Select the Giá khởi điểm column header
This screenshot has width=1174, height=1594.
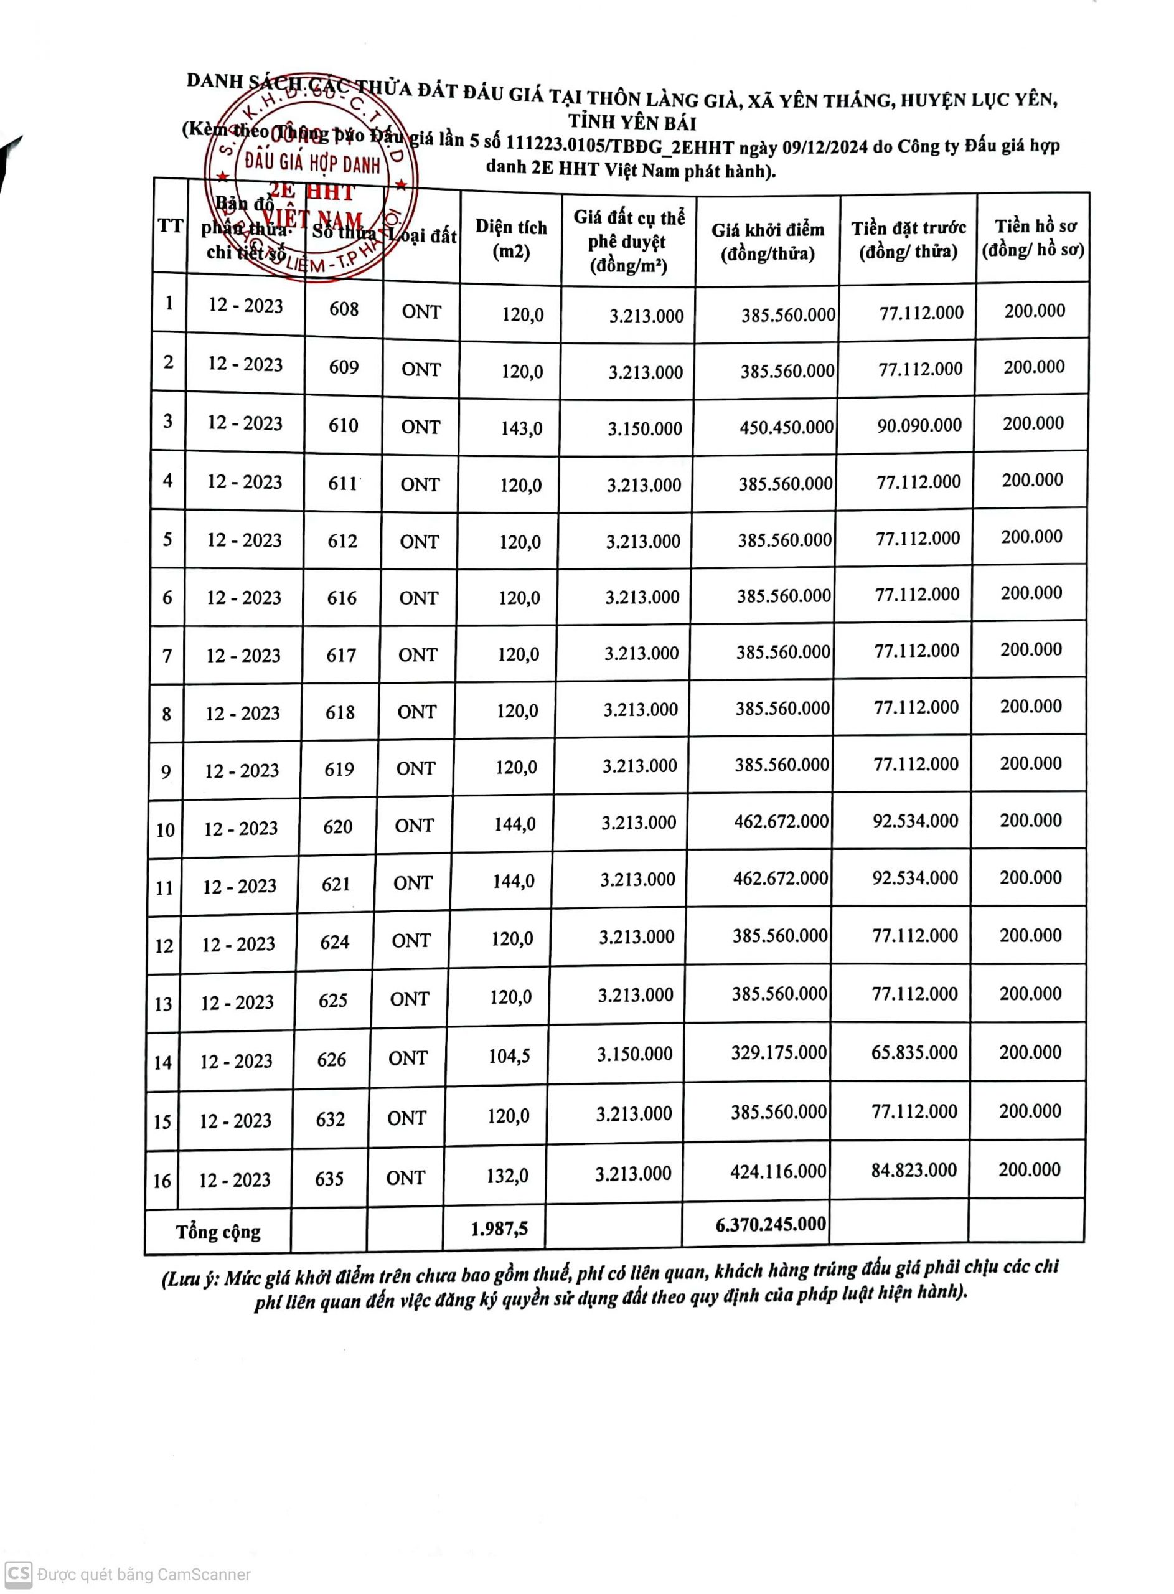(768, 242)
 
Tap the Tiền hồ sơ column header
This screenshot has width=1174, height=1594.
(1034, 238)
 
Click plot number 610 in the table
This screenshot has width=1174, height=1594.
(343, 425)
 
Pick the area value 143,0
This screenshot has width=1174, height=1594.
(522, 428)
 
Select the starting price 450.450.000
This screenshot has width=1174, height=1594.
(786, 427)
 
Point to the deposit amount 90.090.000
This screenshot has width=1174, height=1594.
(919, 425)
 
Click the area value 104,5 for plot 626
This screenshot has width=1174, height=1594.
(509, 1056)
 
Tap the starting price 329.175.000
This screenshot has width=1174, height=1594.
(779, 1052)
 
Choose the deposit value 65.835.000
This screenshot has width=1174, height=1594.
(914, 1052)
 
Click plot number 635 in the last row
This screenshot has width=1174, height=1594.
(330, 1179)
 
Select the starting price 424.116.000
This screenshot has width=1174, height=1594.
(778, 1171)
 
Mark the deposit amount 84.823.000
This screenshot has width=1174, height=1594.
(914, 1170)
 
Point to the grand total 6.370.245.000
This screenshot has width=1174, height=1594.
(771, 1224)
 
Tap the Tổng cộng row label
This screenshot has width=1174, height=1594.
(218, 1232)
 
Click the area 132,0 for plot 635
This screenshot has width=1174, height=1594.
(507, 1176)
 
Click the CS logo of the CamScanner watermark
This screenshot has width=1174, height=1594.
(19, 1573)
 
